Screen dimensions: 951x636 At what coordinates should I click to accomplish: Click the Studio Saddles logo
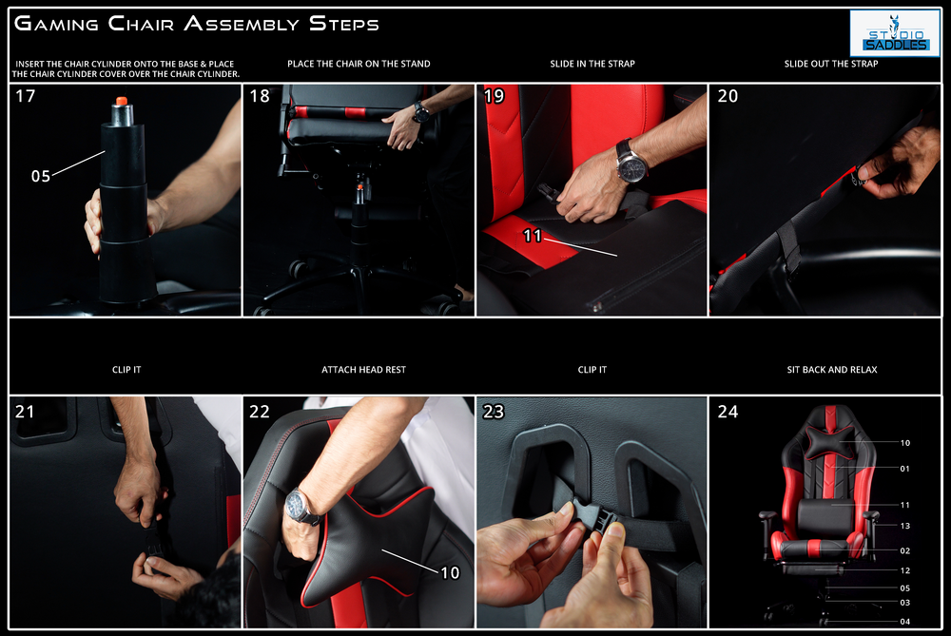tap(895, 33)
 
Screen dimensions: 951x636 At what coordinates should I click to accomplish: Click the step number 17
tap(26, 96)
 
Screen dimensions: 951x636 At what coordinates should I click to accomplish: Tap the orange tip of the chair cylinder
tap(122, 100)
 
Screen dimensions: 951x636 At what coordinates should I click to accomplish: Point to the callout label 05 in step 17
tap(41, 176)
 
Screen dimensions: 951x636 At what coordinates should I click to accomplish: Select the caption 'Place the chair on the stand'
tap(359, 64)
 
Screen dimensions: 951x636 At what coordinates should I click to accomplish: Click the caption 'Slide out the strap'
tap(831, 64)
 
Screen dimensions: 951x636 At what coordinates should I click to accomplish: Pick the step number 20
tap(728, 96)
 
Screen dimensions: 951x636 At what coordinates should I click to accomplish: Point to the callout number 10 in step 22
tap(450, 572)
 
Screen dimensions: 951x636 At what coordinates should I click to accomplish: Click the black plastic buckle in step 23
tap(592, 515)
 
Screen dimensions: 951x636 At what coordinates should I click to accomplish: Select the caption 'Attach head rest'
tap(364, 369)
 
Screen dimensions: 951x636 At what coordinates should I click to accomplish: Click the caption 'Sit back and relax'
tap(832, 369)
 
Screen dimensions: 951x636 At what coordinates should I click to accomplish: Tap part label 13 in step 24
tap(905, 526)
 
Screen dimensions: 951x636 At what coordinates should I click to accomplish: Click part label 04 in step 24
tap(905, 622)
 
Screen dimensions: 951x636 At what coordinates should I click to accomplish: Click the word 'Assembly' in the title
tap(242, 24)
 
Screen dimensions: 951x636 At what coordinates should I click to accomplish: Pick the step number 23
tap(494, 412)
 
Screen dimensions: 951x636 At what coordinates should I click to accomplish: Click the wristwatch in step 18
tap(419, 111)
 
